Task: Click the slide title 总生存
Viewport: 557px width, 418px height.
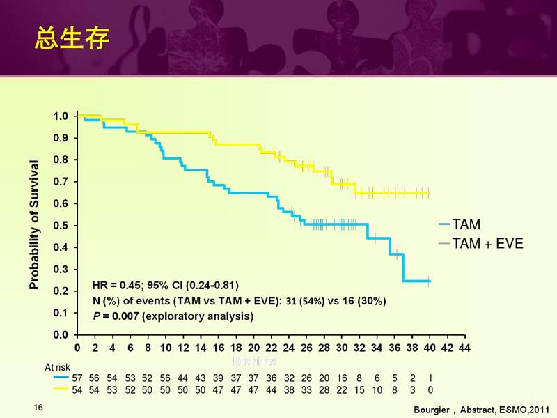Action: point(72,39)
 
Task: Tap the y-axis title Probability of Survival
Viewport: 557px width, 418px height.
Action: point(33,224)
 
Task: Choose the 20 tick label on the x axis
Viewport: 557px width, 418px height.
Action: point(253,347)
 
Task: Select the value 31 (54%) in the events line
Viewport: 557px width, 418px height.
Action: point(307,301)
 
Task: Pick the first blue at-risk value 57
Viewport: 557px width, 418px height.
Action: point(77,378)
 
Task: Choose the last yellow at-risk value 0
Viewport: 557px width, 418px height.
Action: point(430,389)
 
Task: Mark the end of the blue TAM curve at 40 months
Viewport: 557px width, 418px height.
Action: point(430,281)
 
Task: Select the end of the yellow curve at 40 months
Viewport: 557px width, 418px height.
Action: point(429,192)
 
